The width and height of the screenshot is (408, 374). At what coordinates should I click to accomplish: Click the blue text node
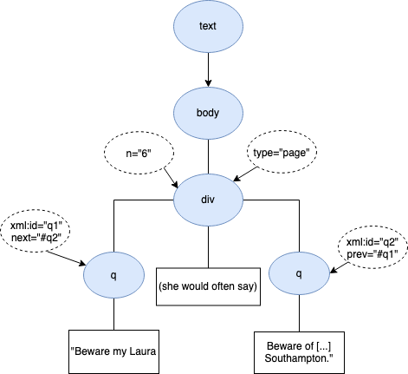coord(208,26)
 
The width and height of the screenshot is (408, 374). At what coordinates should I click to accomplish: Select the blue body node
coord(208,113)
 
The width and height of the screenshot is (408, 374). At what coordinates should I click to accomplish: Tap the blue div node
coord(208,200)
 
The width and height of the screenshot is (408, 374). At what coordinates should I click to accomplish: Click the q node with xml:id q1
coord(113,275)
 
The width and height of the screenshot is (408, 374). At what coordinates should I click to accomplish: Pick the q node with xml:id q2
coord(299,273)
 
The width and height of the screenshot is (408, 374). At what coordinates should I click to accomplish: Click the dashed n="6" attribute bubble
coord(139,153)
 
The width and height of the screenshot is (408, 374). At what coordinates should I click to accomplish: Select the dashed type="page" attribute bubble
coord(282,152)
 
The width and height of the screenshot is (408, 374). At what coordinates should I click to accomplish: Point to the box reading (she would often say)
coord(208,286)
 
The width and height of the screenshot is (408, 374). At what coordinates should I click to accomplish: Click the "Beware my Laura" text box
coord(113,351)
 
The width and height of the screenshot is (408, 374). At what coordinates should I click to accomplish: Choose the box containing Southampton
coord(299,352)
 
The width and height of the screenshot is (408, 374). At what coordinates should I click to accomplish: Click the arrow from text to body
coord(208,69)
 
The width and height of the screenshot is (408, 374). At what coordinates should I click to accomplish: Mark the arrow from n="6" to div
coord(171,178)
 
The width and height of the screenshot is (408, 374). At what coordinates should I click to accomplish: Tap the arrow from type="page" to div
coord(245,174)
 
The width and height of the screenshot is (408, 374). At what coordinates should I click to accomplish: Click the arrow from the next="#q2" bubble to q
coord(66,258)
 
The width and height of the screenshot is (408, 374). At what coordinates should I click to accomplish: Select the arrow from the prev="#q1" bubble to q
coord(340,267)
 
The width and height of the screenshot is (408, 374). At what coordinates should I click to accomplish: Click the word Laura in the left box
coord(143,351)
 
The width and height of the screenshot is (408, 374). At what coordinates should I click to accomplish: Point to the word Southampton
coord(299,358)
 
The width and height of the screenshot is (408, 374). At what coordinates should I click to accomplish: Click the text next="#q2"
coord(36,238)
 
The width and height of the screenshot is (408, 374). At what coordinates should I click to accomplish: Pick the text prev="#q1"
coord(372,254)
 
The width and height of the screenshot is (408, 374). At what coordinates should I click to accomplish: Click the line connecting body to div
coord(208,156)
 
